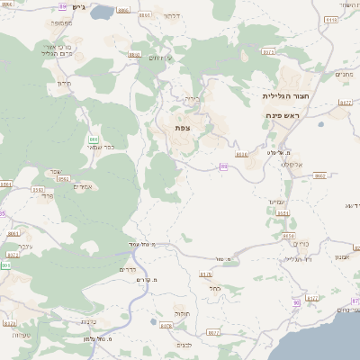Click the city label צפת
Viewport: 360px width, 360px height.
(x=183, y=128)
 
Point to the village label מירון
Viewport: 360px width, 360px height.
(x=64, y=84)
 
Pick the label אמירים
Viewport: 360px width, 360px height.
(x=83, y=185)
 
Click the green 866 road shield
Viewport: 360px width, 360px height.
(x=94, y=139)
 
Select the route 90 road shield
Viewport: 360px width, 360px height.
(x=296, y=303)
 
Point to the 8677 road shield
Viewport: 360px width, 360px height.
(x=213, y=332)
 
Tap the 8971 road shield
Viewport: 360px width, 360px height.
(x=268, y=52)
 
